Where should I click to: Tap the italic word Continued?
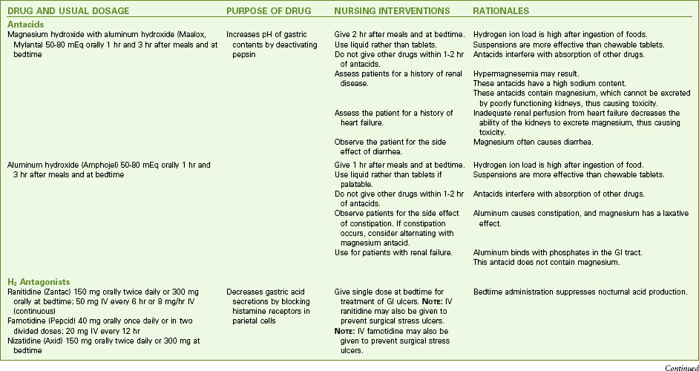pos(677,366)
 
